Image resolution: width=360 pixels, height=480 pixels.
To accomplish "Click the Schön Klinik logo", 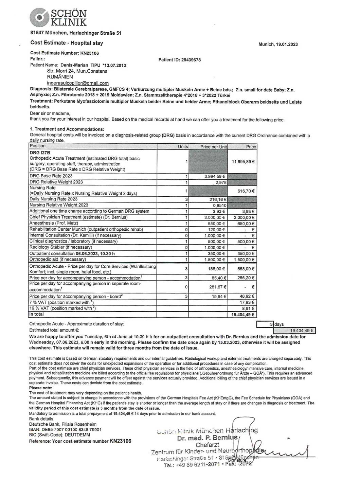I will (58, 18).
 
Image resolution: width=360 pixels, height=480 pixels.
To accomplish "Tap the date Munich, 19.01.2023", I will (278, 45).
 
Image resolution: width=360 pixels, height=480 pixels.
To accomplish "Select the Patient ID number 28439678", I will (191, 60).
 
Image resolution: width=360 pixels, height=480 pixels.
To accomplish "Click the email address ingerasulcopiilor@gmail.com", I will (78, 83).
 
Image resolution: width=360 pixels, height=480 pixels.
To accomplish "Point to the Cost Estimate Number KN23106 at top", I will (89, 53).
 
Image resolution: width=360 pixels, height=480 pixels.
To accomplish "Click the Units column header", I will (183, 146).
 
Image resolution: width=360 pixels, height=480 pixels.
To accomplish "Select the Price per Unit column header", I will (213, 147).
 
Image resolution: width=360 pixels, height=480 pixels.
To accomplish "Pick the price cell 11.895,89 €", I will (243, 162).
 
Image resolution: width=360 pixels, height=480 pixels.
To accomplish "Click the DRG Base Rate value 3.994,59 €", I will (215, 177).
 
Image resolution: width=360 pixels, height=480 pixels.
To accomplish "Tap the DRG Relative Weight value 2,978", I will (221, 182).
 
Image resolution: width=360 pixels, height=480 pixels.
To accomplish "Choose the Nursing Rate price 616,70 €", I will (246, 191).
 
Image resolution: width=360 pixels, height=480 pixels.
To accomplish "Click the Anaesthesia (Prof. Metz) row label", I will (54, 223).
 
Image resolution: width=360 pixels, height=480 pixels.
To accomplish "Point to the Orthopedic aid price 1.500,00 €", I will (244, 260).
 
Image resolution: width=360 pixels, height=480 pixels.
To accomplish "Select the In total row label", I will (36, 314).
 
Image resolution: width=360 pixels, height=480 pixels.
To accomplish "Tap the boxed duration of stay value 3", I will (271, 324).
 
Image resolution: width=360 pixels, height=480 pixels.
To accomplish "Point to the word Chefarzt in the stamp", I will (207, 445).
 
